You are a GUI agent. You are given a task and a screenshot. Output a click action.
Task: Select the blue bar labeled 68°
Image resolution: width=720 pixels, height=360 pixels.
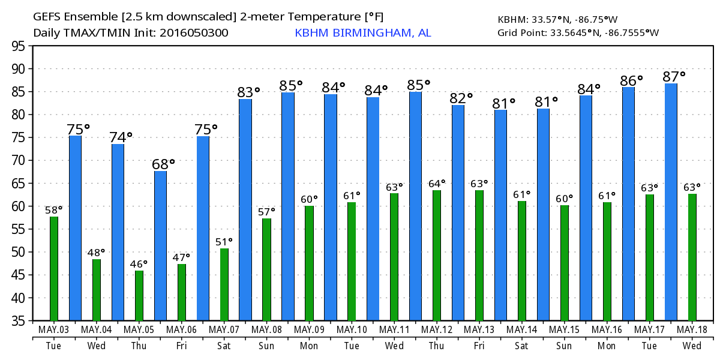[x=160, y=246]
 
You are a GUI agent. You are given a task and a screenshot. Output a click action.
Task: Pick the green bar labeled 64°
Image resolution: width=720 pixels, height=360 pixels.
[x=437, y=255]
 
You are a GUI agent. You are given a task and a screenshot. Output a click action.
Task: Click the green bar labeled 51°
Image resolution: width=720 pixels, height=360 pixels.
[x=224, y=284]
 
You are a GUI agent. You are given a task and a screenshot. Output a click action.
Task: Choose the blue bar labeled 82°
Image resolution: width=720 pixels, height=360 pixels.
[x=458, y=212]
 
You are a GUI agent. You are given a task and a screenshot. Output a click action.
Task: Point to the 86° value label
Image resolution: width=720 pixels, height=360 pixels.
[x=631, y=79]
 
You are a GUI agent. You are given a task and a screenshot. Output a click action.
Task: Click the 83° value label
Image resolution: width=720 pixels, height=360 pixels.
[x=248, y=92]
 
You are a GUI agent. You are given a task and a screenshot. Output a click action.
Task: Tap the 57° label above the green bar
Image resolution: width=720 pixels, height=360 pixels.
[x=266, y=211]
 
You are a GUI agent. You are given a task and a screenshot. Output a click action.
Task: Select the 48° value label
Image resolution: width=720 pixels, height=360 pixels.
[x=96, y=253]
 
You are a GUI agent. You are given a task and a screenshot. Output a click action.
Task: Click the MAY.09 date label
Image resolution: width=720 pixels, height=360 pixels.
[x=309, y=330]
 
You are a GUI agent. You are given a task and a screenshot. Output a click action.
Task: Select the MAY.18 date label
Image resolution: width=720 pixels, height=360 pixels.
[x=692, y=330]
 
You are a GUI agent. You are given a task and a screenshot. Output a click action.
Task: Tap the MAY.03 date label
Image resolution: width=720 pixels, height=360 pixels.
[x=54, y=330]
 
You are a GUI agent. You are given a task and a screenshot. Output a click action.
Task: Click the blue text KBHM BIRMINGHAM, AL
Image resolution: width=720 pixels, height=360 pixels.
[x=362, y=33]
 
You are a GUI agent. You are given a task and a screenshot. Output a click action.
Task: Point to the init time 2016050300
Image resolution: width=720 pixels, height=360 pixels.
[x=194, y=33]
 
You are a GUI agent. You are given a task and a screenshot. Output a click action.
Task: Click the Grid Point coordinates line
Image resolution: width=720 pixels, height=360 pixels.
[x=578, y=33]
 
